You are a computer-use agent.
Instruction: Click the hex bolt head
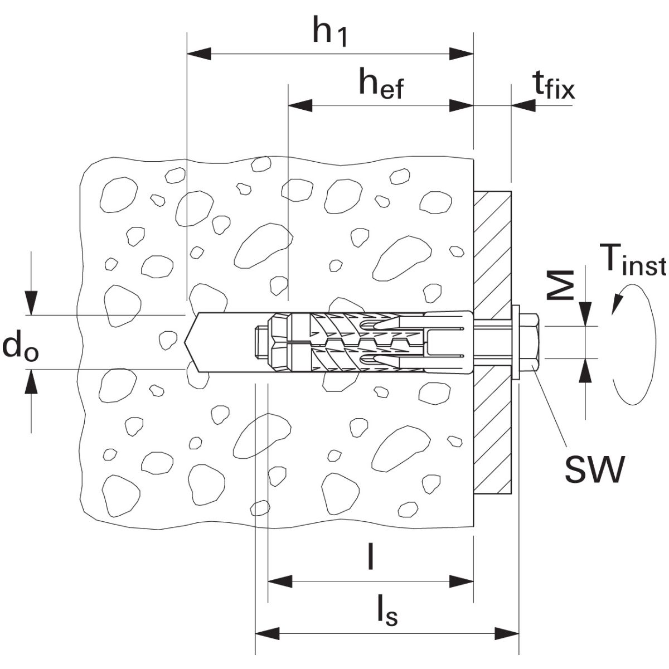click(530, 342)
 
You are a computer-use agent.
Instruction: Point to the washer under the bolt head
click(516, 342)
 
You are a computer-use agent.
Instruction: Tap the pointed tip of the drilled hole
click(188, 342)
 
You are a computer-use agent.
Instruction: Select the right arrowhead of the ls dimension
click(507, 633)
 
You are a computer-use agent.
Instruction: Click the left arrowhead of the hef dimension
click(299, 105)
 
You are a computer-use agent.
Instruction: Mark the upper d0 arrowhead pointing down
click(32, 304)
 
